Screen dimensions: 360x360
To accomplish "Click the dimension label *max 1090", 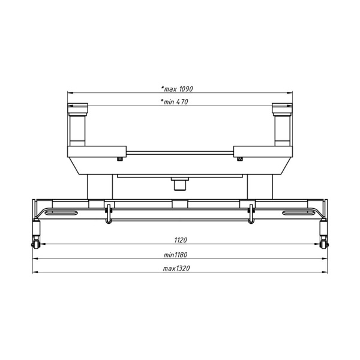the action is coord(177,89).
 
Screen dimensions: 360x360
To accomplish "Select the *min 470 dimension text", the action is coord(175,102).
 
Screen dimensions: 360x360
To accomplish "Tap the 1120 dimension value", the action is coord(181,240).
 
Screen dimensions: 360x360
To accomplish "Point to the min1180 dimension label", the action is coord(175,255).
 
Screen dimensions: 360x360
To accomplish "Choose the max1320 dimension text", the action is coord(176,268).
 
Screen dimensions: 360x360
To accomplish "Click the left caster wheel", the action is coord(35,244).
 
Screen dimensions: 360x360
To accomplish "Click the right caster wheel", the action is coord(324,244).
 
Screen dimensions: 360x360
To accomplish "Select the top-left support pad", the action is coord(78,108).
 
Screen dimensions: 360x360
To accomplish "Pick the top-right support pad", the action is coord(282,108).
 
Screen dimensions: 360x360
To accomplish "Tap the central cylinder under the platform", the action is coord(180,184).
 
